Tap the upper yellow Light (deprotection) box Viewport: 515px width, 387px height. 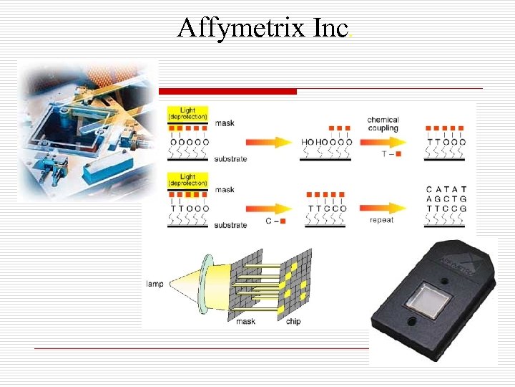[x=187, y=114]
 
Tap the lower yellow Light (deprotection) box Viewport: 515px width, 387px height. [x=187, y=180]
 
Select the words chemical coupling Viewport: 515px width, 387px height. [x=383, y=124]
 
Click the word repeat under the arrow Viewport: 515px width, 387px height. [x=381, y=221]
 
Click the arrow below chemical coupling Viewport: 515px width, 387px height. [x=383, y=142]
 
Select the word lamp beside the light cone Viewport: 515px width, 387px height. [x=154, y=285]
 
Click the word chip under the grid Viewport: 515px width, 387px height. [x=293, y=322]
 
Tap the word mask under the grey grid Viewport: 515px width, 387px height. [x=246, y=322]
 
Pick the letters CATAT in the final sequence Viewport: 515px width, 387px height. [x=446, y=190]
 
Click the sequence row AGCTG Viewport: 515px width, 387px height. [x=446, y=200]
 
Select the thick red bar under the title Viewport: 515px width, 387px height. [x=227, y=92]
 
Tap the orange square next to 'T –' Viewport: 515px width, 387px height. [x=398, y=154]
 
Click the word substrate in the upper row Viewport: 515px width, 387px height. [x=230, y=159]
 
